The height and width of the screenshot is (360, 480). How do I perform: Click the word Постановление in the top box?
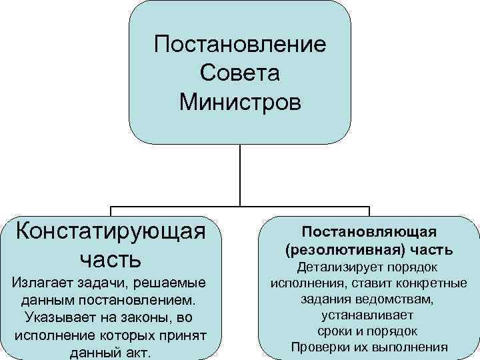(x=240, y=45)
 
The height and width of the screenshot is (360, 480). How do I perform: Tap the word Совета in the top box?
(x=240, y=74)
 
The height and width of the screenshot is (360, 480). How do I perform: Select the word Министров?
(x=240, y=103)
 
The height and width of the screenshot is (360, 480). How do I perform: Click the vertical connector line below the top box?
(x=240, y=173)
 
